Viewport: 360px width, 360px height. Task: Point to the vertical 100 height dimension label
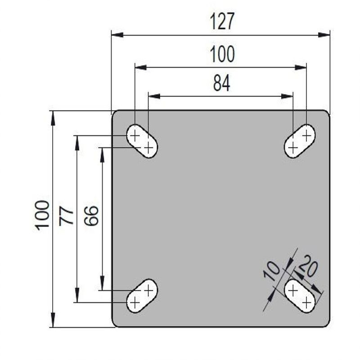(x=43, y=215)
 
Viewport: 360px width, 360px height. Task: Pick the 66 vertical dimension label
(x=91, y=215)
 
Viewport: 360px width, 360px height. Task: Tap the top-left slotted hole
(x=142, y=141)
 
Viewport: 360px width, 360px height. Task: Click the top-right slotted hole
(x=300, y=141)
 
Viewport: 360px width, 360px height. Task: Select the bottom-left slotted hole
(x=142, y=296)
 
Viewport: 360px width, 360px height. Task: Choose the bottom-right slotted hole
(x=300, y=296)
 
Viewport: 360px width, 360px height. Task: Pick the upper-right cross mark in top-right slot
(x=307, y=134)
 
